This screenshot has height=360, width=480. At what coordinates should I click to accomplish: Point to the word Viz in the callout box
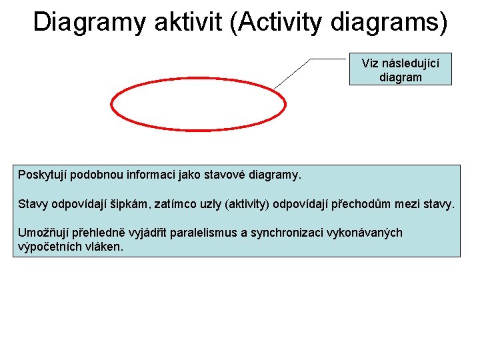[371, 63]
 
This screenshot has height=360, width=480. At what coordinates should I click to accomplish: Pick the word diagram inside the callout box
[400, 77]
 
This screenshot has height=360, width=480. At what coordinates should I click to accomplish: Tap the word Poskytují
[43, 175]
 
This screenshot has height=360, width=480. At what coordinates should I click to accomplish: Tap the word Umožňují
[43, 233]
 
